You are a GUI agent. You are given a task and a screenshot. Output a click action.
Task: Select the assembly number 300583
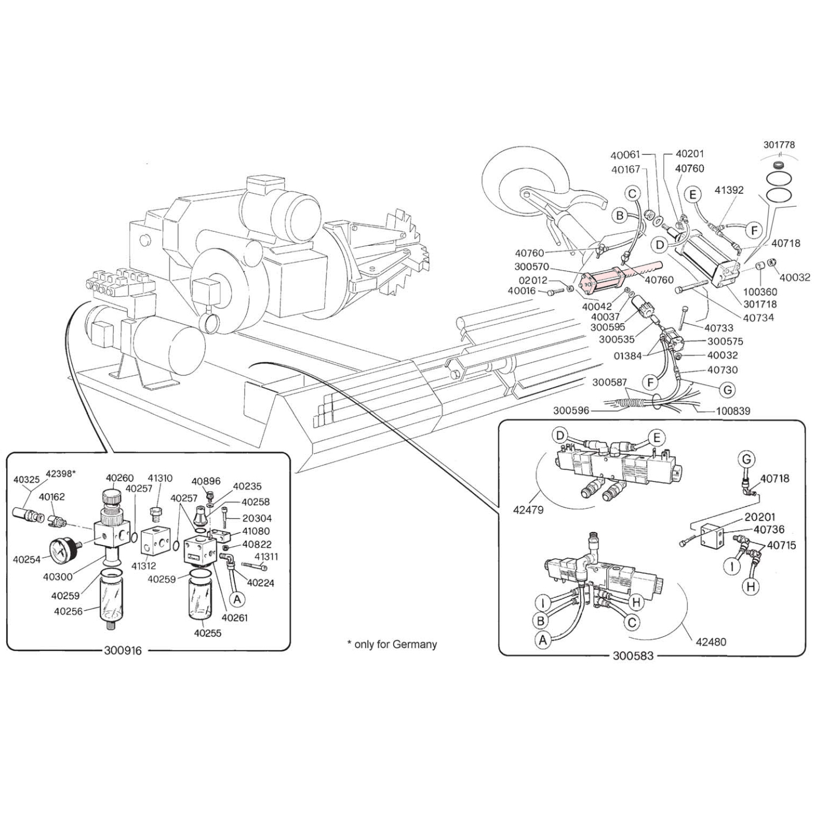click(x=633, y=655)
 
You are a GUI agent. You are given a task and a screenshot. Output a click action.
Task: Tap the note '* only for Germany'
click(x=391, y=644)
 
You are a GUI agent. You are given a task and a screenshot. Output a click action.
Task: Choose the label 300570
click(x=532, y=267)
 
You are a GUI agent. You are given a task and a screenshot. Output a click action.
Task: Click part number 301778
click(x=779, y=145)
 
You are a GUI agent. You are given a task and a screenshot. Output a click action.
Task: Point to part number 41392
click(x=729, y=190)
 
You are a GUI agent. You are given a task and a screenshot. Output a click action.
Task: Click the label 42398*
click(x=61, y=474)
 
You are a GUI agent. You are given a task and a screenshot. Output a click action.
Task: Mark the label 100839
click(x=732, y=411)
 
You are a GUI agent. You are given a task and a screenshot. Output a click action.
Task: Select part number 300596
click(x=571, y=411)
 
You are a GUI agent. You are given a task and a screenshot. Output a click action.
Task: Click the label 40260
click(x=120, y=478)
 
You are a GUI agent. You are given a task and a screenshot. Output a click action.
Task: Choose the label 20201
click(x=760, y=517)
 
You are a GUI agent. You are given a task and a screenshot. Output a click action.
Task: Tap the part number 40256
click(x=68, y=611)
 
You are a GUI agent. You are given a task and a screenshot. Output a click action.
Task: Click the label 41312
click(x=144, y=566)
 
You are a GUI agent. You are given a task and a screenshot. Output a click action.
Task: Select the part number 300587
click(x=609, y=382)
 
